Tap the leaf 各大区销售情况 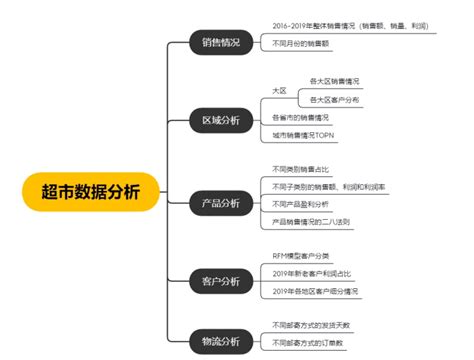[x=335, y=80]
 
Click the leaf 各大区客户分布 [x=335, y=100]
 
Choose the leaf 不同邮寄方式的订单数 [x=310, y=342]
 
